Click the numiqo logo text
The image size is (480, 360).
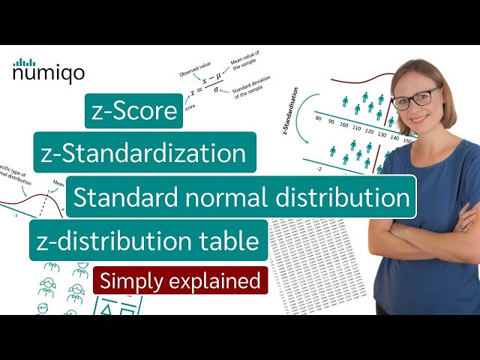tap(48, 73)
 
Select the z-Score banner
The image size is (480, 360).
tap(133, 112)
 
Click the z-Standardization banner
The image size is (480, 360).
tap(144, 153)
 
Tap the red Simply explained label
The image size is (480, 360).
tap(180, 281)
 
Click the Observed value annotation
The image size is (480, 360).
tap(193, 67)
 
